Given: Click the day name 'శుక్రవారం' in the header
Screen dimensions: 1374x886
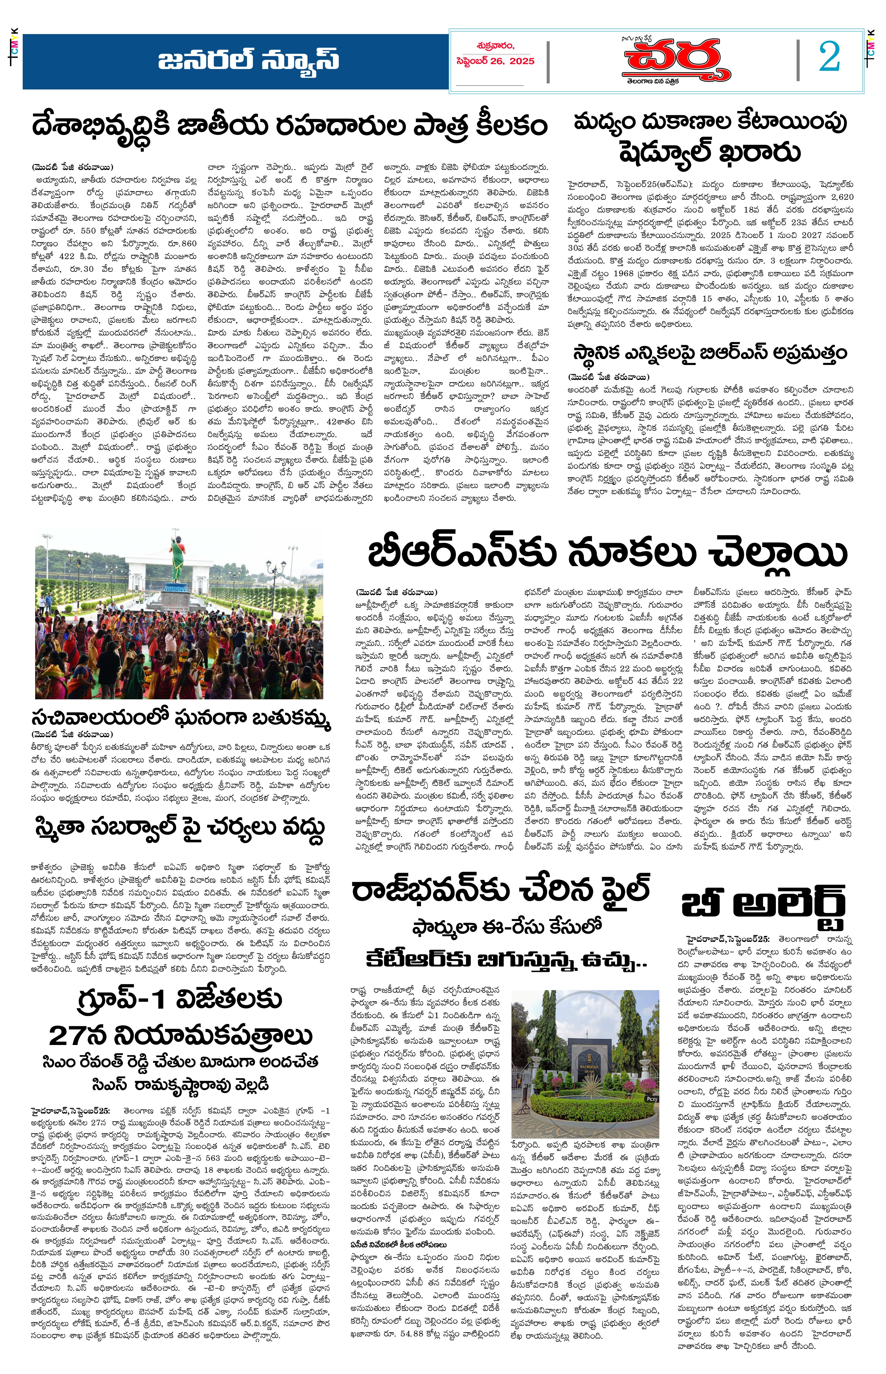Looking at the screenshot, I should click(495, 46).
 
